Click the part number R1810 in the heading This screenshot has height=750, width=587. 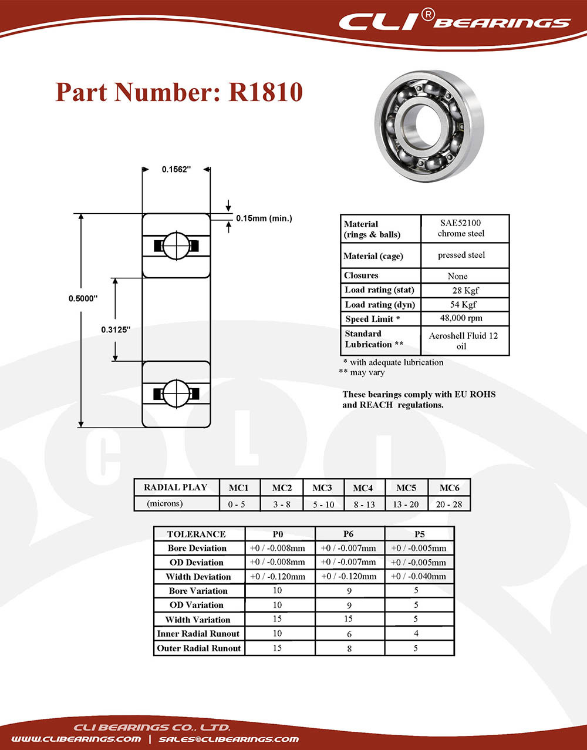[265, 92]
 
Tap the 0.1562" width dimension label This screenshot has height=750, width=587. [176, 170]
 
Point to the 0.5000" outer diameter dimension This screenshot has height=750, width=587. [83, 298]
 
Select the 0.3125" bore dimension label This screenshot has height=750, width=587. [116, 329]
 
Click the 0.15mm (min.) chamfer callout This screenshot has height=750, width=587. [264, 218]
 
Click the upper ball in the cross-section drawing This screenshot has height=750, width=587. [176, 245]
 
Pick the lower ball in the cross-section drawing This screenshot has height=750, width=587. [176, 394]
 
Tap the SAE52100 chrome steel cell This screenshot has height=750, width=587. [461, 228]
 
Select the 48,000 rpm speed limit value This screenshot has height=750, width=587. [461, 318]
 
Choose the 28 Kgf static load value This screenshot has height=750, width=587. [465, 290]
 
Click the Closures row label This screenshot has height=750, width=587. [361, 275]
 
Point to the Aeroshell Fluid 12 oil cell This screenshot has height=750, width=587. [463, 341]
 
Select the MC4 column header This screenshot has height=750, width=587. [363, 488]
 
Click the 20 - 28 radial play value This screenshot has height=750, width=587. [448, 505]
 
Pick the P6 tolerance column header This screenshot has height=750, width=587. [348, 534]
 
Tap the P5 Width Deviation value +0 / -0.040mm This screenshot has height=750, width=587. [419, 576]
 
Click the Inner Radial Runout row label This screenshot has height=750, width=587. [198, 633]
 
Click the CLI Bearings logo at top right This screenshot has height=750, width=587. [454, 21]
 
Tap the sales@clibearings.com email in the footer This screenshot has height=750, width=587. [228, 739]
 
